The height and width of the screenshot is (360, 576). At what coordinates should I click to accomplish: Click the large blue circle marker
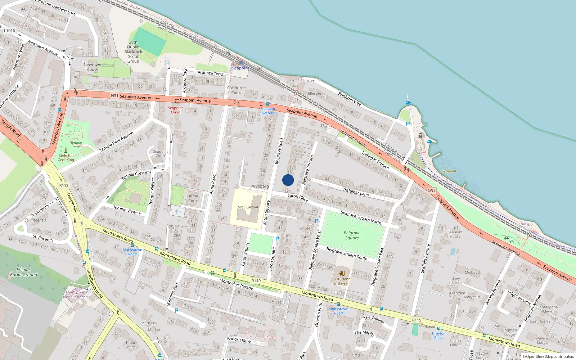click(288, 180)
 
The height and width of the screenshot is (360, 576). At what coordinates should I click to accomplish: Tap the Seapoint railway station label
click(240, 68)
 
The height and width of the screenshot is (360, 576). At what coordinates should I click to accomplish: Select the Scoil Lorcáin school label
click(248, 207)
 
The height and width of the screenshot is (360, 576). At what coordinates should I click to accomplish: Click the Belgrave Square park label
click(352, 235)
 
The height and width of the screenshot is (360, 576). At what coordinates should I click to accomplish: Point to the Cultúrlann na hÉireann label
click(341, 281)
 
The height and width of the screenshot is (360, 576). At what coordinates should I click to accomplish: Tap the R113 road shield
click(64, 185)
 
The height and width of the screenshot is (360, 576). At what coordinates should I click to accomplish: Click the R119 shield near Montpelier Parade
click(256, 281)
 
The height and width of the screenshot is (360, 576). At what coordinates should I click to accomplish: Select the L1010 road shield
click(10, 31)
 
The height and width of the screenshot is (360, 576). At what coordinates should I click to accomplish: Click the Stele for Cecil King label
click(66, 158)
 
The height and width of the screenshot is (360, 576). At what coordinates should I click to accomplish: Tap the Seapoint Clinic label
click(175, 110)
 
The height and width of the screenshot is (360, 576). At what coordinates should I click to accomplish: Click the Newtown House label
click(93, 67)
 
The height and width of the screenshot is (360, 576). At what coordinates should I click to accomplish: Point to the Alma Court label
click(193, 198)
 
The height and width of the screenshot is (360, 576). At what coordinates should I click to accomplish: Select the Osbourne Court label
click(237, 90)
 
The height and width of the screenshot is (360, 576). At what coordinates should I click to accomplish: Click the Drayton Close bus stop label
click(438, 336)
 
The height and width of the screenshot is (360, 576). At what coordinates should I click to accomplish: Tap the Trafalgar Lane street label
click(356, 192)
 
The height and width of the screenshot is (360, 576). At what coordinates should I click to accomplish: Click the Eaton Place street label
click(298, 197)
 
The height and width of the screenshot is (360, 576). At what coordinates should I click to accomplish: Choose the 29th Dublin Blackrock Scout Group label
click(133, 52)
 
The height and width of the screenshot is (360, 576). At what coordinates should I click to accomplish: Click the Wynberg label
click(260, 186)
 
